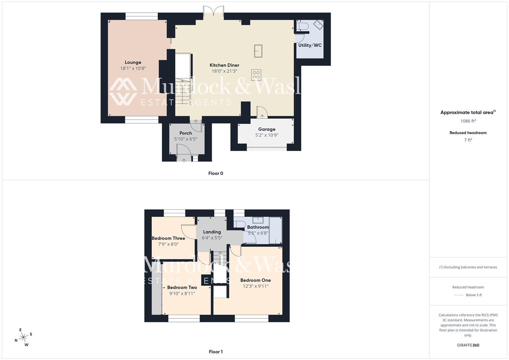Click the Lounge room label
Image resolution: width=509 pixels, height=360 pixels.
[x=133, y=62]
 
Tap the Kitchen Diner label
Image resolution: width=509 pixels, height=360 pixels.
[x=224, y=65]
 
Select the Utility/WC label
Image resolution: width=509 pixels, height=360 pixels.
[x=310, y=45]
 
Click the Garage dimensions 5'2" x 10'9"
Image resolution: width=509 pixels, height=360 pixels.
[x=267, y=135]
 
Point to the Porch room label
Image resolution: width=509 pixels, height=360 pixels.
[x=186, y=133]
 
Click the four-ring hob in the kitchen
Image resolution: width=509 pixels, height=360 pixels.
[x=256, y=75]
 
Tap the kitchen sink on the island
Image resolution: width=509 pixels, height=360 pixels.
[x=258, y=51]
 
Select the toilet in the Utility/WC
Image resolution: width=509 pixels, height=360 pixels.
[x=301, y=26]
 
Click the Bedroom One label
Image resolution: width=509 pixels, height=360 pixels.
[x=255, y=280]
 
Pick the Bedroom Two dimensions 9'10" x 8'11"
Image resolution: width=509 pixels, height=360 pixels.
[x=182, y=294]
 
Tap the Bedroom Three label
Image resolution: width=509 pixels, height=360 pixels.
[x=168, y=238]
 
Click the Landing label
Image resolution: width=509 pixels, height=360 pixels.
[x=212, y=232]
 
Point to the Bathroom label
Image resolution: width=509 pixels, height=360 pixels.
[x=258, y=227]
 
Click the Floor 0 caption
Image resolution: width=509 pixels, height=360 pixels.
[x=216, y=173]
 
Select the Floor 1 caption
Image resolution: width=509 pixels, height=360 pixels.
[x=216, y=352]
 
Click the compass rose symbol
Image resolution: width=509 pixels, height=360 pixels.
[x=23, y=337]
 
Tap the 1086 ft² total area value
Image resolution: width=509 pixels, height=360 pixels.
[x=468, y=121]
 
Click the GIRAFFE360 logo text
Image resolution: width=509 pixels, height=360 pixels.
[x=468, y=345]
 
